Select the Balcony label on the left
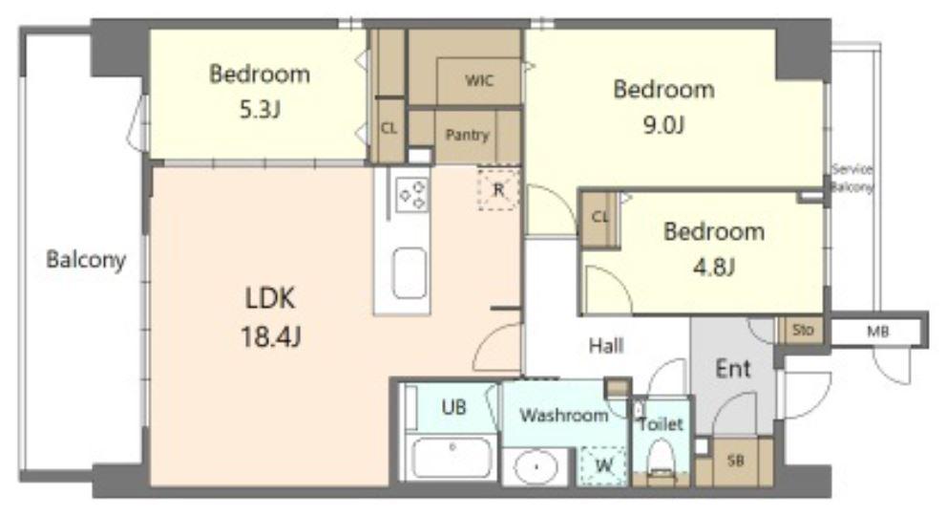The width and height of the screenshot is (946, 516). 86,260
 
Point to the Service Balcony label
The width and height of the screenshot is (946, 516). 851,178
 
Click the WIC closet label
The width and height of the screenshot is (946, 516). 478,80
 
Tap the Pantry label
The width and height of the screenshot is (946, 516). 467,135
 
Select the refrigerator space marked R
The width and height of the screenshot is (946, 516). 498,190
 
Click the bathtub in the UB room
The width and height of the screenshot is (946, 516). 452,458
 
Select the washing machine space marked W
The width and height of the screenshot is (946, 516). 602,467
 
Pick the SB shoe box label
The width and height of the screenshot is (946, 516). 735,461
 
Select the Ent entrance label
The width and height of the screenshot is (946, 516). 733,368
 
